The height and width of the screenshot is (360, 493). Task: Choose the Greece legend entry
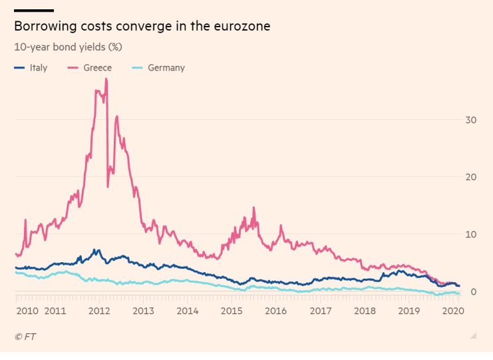97,68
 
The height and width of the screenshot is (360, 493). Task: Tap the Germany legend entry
166,68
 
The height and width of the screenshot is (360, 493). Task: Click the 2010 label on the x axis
28,311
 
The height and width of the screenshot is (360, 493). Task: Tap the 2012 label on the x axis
99,311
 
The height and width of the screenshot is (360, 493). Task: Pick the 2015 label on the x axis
232,311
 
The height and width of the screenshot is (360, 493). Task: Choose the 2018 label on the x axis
365,311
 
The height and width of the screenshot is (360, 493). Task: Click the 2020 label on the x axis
452,311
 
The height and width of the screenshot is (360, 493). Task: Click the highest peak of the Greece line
106,79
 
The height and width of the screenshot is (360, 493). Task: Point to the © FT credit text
25,337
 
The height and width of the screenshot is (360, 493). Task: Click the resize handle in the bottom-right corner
473,335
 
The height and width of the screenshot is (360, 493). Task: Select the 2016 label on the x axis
276,311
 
